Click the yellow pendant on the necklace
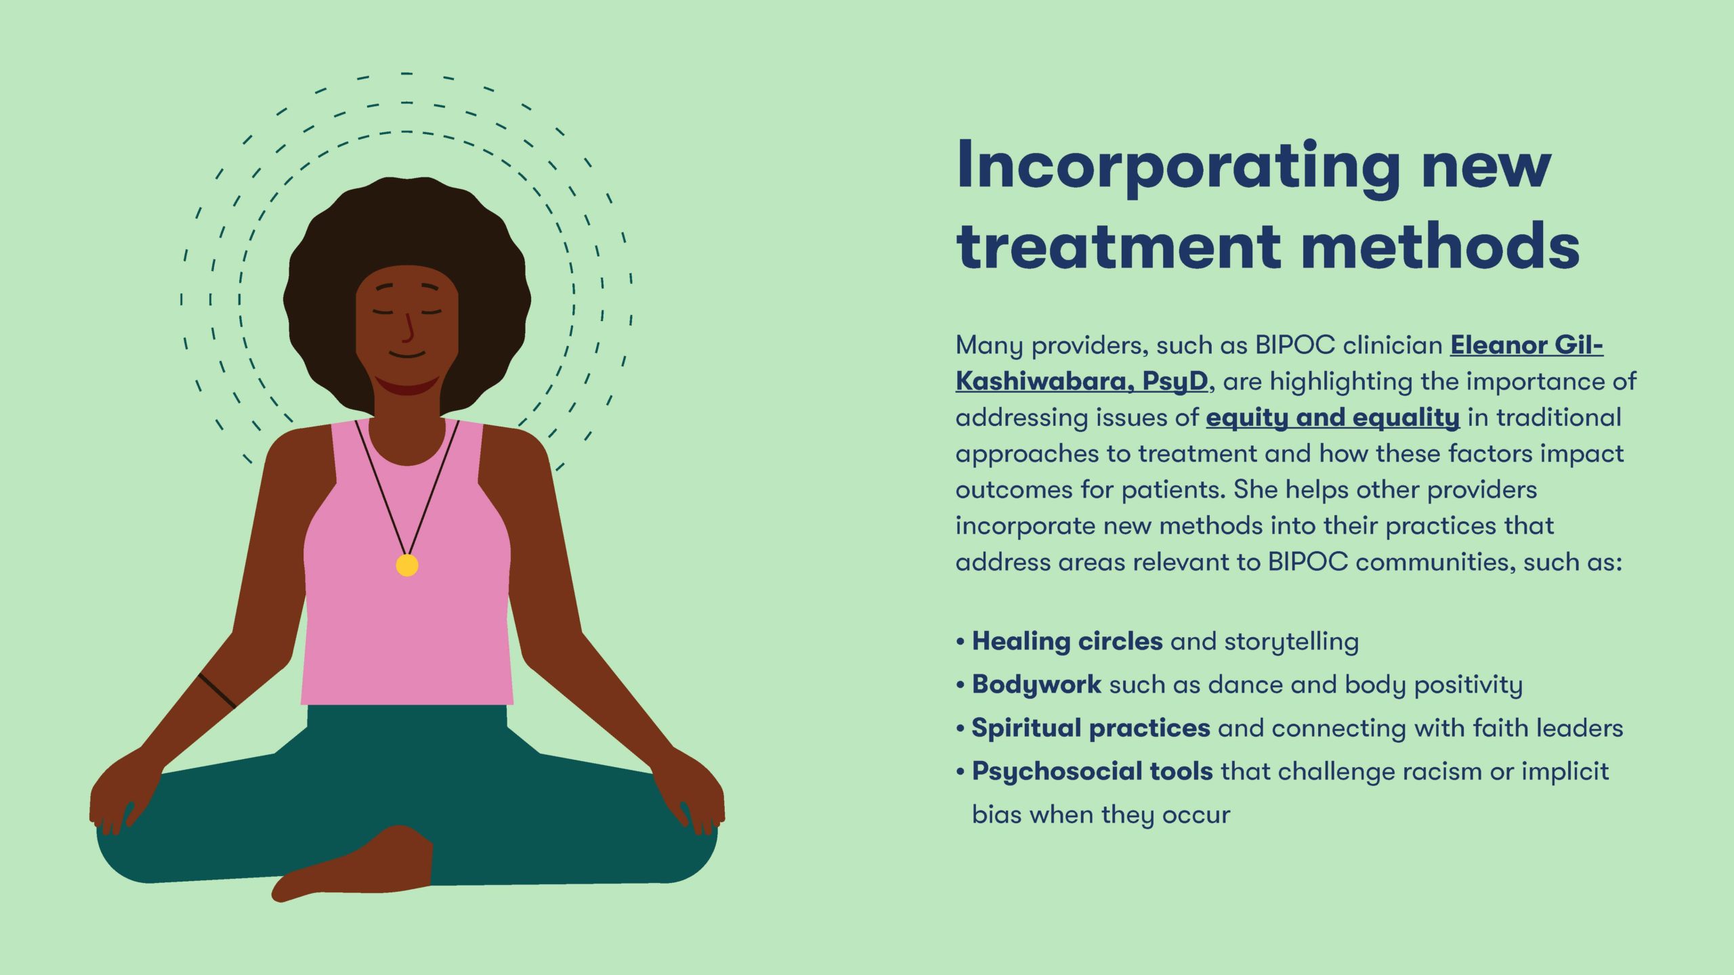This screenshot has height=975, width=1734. pos(407,565)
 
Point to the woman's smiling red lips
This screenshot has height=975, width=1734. pos(407,385)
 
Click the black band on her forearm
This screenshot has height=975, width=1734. pos(217,691)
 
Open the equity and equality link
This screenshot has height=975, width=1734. pos(1333,418)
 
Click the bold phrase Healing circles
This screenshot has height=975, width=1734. pos(1067,641)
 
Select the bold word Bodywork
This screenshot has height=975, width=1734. pos(1036,685)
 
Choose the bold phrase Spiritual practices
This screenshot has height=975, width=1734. pos(1091,728)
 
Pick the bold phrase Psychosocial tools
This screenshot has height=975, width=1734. pos(1092,771)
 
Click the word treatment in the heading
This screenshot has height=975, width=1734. pos(1118,245)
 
